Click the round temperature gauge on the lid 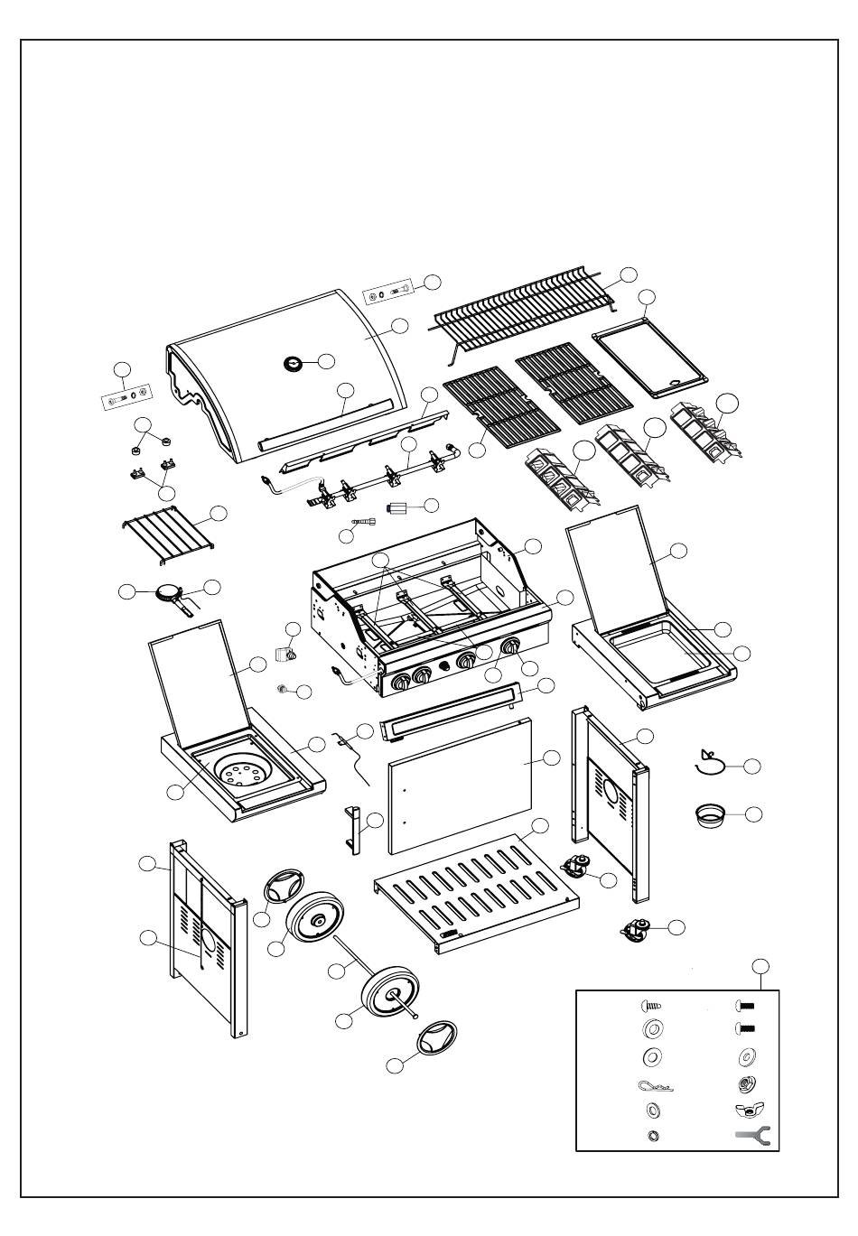(x=294, y=363)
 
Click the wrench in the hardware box (x=751, y=1137)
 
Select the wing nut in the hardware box (x=750, y=1110)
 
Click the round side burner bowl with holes (x=242, y=775)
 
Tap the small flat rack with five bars (x=166, y=529)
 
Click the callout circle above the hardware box (x=760, y=966)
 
